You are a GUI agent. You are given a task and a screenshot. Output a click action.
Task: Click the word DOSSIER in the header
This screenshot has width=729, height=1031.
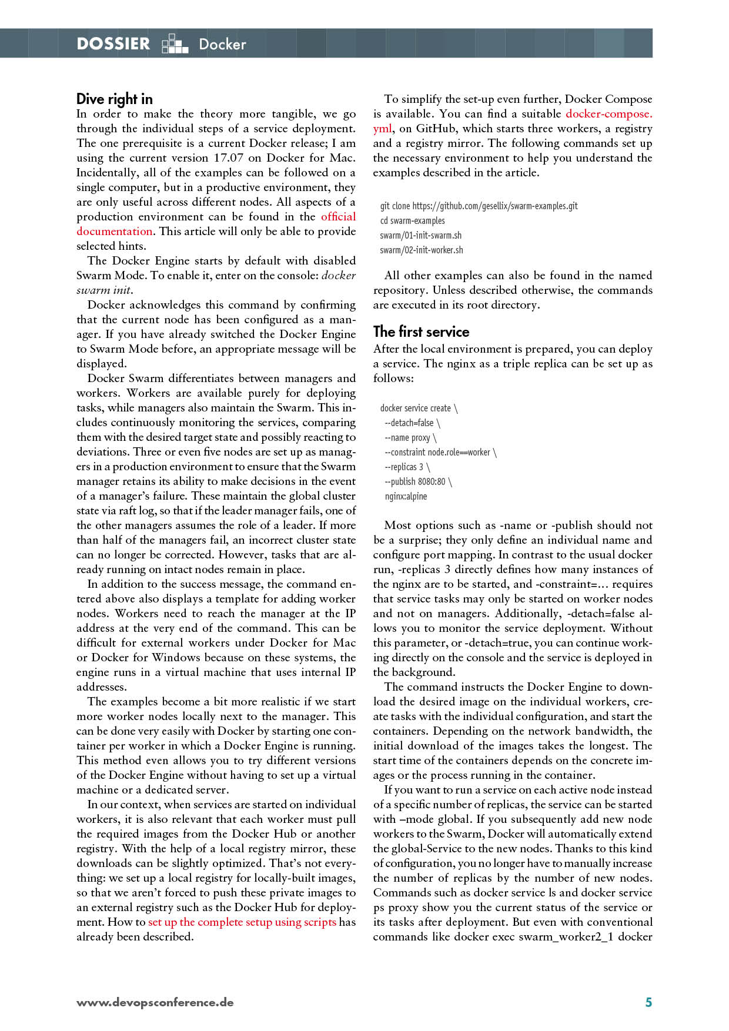pyautogui.click(x=113, y=43)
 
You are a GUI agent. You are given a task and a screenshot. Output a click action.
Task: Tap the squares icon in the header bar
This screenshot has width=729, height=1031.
pyautogui.click(x=175, y=43)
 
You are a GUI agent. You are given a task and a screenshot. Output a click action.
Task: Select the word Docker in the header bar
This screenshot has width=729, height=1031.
pyautogui.click(x=222, y=44)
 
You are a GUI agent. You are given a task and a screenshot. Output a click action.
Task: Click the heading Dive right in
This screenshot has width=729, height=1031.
pyautogui.click(x=115, y=99)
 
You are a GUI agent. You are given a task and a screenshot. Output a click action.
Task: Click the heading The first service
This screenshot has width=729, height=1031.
pyautogui.click(x=421, y=332)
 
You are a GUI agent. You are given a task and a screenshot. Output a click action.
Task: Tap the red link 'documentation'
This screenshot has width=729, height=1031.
pyautogui.click(x=115, y=232)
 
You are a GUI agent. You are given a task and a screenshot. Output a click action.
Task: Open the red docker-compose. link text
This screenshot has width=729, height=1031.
pyautogui.click(x=608, y=114)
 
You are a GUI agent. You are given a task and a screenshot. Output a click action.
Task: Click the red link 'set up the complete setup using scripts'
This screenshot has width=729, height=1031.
pyautogui.click(x=242, y=922)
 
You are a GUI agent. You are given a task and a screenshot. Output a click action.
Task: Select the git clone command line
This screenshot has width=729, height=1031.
pyautogui.click(x=479, y=206)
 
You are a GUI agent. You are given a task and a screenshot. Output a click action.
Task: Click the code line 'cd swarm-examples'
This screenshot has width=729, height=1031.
pyautogui.click(x=412, y=220)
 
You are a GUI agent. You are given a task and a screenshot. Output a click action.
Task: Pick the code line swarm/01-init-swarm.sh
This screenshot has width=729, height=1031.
pyautogui.click(x=420, y=235)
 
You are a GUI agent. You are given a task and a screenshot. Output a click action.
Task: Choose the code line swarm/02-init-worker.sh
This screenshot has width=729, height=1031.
pyautogui.click(x=421, y=250)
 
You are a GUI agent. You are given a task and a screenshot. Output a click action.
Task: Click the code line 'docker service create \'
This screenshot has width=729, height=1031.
pyautogui.click(x=419, y=408)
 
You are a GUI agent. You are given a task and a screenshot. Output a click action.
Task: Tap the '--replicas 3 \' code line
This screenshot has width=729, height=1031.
pyautogui.click(x=407, y=467)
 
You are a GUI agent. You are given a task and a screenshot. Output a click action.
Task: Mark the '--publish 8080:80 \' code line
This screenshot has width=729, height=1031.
pyautogui.click(x=418, y=481)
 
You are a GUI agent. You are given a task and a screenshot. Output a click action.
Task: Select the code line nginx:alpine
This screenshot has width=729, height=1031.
pyautogui.click(x=406, y=496)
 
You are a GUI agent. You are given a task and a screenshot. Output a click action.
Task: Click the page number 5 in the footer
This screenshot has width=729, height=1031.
pyautogui.click(x=648, y=1002)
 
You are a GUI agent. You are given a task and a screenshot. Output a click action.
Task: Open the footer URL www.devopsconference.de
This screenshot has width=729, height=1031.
pyautogui.click(x=155, y=1003)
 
